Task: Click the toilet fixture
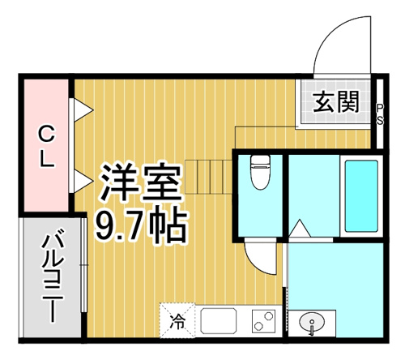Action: click(260, 172)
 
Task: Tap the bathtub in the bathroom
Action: click(361, 196)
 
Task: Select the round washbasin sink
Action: click(312, 323)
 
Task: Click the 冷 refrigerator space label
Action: click(177, 321)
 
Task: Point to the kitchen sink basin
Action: click(219, 321)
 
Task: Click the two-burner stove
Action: click(263, 321)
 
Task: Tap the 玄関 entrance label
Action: click(336, 101)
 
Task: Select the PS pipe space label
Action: click(380, 114)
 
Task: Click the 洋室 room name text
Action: click(141, 182)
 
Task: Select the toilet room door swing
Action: click(259, 259)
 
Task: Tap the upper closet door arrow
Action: click(83, 110)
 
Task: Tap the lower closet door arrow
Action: click(83, 181)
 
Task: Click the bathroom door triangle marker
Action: click(299, 229)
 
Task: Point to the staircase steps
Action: click(209, 177)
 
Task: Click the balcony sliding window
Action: click(84, 265)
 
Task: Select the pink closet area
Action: click(46, 145)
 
